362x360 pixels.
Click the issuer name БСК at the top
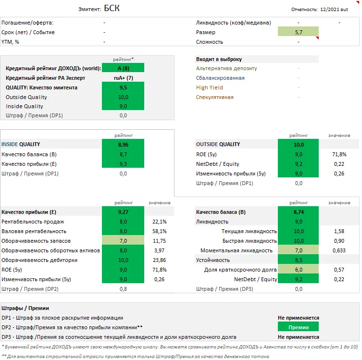click(112, 9)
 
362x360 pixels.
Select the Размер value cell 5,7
click(298, 32)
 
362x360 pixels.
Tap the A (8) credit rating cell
click(123, 68)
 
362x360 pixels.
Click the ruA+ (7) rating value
click(123, 78)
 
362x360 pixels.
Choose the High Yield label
click(210, 87)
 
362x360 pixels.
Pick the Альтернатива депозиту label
click(226, 68)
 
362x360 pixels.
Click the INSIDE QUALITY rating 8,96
click(123, 144)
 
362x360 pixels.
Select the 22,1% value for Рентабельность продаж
click(159, 222)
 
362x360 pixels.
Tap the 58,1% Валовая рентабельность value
click(159, 231)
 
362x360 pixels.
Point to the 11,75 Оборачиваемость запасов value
click(159, 241)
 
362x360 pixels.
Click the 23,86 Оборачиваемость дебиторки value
click(159, 260)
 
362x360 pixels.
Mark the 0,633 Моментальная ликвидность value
click(338, 250)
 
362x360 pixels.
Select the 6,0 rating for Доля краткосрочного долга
click(298, 270)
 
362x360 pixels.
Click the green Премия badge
click(298, 327)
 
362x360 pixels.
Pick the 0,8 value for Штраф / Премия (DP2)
click(123, 289)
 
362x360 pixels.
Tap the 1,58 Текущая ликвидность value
click(338, 231)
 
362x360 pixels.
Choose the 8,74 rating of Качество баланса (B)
click(298, 212)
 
